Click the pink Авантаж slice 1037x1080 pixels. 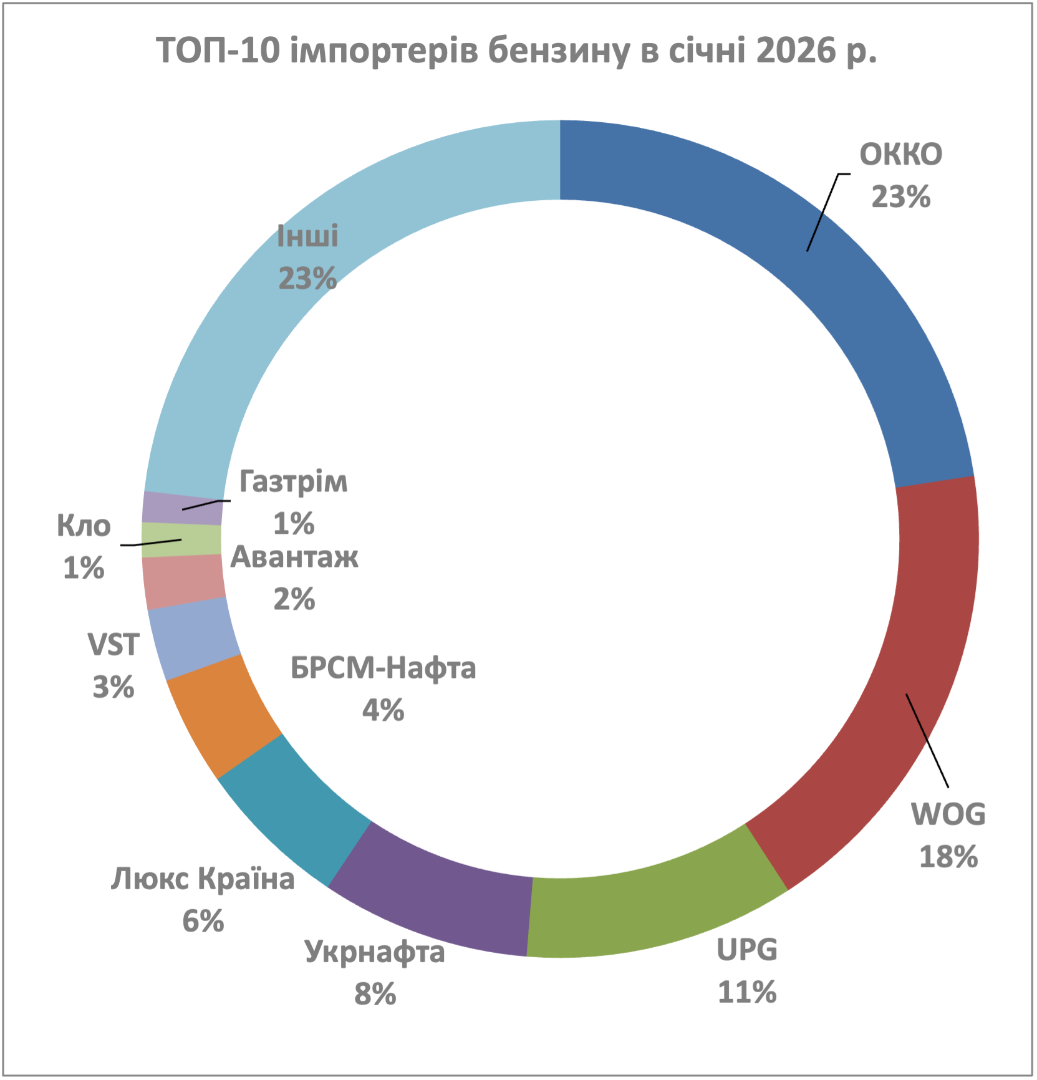tap(183, 582)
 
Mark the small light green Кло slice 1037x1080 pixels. tap(181, 539)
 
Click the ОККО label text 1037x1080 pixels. tap(900, 155)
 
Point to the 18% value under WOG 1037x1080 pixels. tap(948, 857)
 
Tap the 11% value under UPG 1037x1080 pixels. tap(747, 992)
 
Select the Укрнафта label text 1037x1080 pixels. tap(375, 952)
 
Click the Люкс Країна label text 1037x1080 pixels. tap(203, 879)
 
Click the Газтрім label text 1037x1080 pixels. tap(293, 482)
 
